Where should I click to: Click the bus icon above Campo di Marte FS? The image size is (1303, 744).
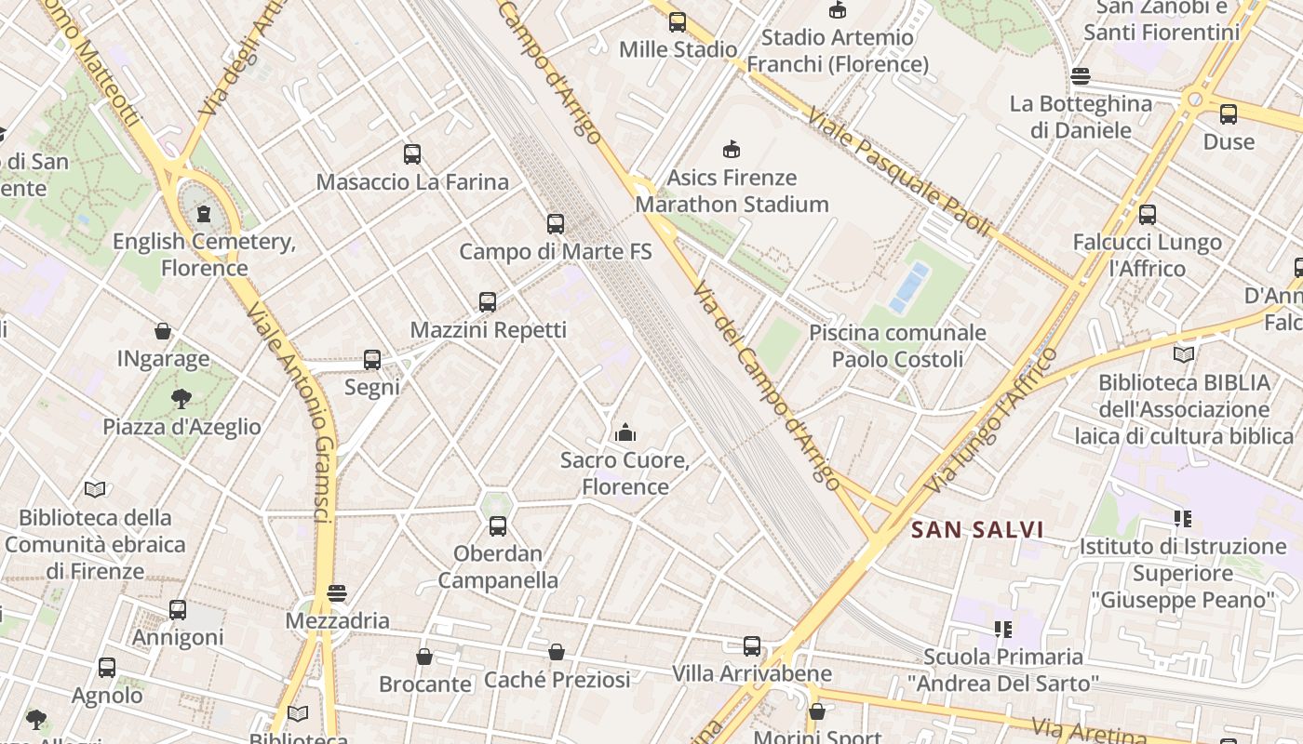(556, 224)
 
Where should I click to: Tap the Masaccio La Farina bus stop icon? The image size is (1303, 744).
(412, 154)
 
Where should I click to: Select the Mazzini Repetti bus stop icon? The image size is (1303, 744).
(488, 302)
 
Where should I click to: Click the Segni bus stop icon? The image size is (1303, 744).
(372, 360)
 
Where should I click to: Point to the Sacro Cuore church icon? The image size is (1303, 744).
(625, 432)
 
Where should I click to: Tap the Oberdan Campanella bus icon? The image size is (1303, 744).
(498, 526)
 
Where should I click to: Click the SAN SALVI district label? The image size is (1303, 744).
(976, 530)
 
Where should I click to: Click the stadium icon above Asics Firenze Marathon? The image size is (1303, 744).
(732, 149)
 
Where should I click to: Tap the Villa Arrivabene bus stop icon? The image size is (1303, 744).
(752, 646)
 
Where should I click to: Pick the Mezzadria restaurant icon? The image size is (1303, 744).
(337, 593)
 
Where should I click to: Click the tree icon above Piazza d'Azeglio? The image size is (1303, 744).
(181, 400)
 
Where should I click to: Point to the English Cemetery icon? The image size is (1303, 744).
(204, 215)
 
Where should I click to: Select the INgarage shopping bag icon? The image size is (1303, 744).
(163, 331)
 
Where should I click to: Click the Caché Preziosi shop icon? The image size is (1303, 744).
(557, 653)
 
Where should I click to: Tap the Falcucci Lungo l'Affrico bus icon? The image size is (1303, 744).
(1148, 215)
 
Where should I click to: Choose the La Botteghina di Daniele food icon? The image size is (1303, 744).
(1081, 76)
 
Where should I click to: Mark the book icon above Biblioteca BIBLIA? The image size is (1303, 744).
(1184, 354)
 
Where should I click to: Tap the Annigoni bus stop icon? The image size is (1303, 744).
(178, 610)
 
